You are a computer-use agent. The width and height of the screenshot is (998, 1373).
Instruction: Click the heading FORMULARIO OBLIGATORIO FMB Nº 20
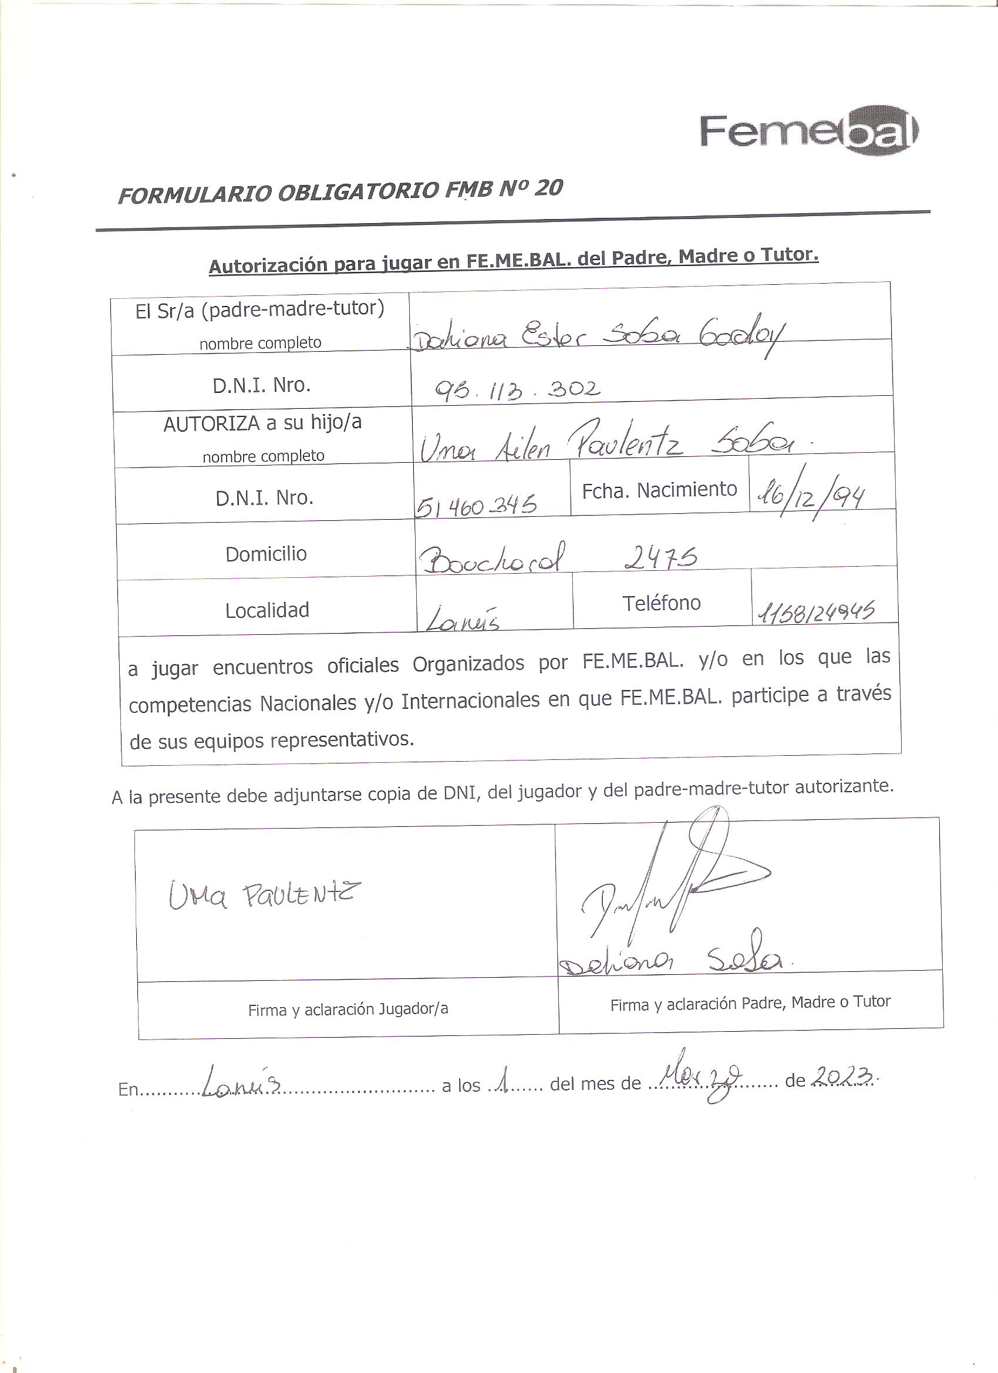point(340,192)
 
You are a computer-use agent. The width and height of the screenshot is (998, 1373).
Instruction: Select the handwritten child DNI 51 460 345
point(476,505)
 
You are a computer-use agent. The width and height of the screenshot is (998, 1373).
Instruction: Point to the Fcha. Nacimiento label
point(659,490)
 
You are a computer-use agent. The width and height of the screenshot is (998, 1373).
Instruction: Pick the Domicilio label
point(266,554)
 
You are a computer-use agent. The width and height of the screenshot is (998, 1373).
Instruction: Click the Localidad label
point(267,610)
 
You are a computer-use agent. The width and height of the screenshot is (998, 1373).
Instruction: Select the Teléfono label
point(661,603)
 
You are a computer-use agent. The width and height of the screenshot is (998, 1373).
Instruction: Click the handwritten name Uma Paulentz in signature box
point(265,895)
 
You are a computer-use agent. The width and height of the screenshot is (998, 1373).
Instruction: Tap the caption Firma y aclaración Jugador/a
point(348,1009)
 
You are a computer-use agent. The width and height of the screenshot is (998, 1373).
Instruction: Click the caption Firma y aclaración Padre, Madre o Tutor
point(750,1003)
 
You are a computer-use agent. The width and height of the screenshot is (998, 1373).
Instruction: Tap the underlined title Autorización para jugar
point(513,261)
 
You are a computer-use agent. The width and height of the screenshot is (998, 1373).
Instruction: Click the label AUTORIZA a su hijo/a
point(262,423)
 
